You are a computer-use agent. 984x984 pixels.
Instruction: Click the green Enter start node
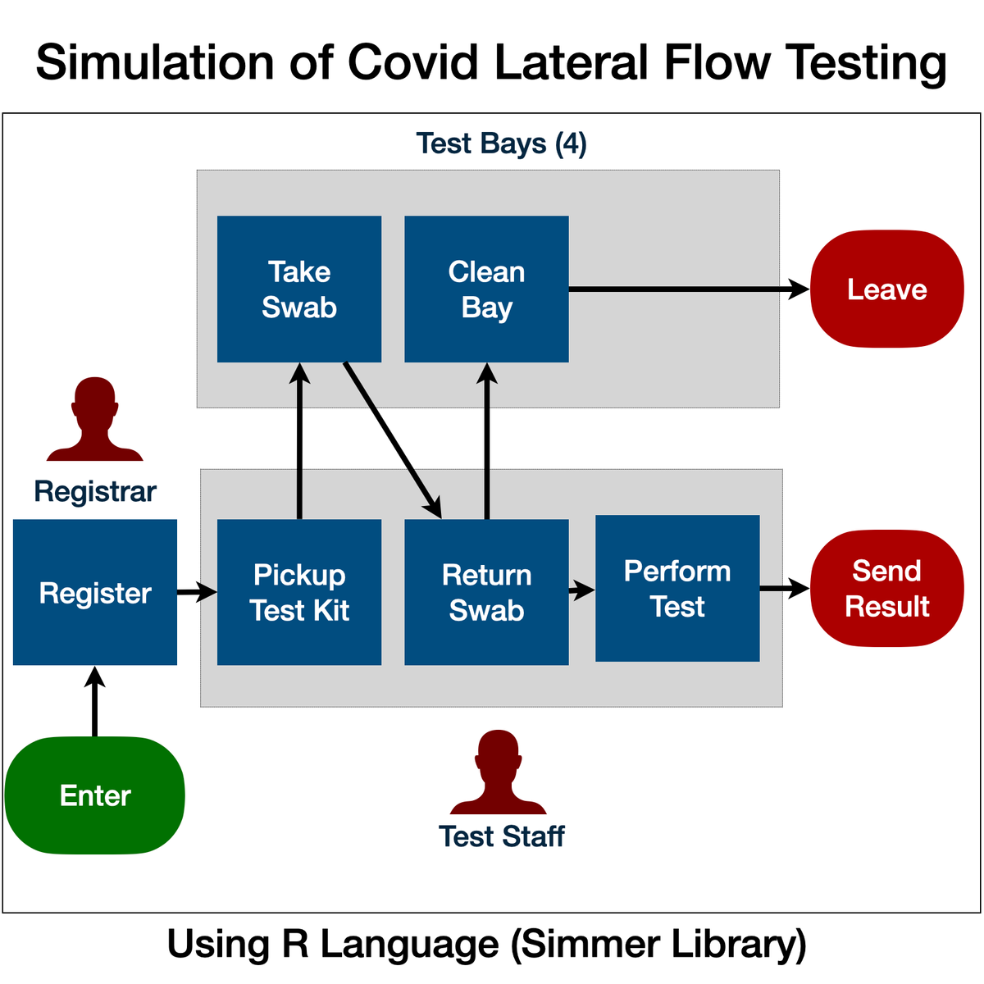tap(95, 795)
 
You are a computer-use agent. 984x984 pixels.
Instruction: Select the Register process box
tap(95, 592)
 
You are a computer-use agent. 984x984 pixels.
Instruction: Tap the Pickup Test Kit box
tap(299, 592)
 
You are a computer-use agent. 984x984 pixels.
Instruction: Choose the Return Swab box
tap(486, 592)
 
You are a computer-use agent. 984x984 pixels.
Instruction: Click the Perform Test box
tap(677, 588)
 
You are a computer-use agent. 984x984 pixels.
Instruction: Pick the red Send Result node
tap(886, 588)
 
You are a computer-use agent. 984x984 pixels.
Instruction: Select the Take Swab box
tap(299, 289)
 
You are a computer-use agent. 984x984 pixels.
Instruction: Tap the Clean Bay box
tap(486, 289)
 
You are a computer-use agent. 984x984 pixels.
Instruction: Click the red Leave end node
tap(886, 289)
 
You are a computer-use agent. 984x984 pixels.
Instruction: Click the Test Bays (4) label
tap(501, 143)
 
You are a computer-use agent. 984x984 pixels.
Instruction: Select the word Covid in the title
tap(412, 62)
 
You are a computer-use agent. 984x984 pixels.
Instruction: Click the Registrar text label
tap(95, 491)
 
